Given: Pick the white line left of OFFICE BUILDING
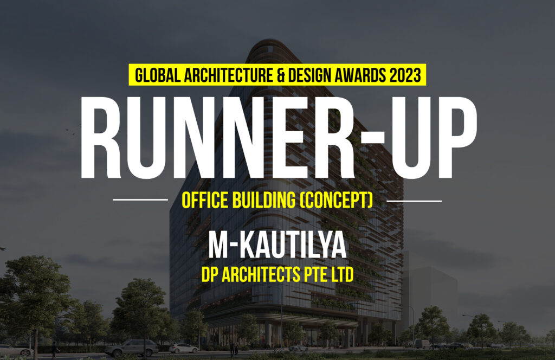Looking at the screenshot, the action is pos(140,200).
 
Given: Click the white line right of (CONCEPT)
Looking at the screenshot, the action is pos(414,201).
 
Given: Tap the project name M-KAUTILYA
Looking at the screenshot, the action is pos(277,245).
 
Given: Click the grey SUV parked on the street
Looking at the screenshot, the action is pos(132,348).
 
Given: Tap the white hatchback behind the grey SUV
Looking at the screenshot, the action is pos(184,348).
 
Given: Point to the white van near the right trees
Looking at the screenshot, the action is pos(422,344).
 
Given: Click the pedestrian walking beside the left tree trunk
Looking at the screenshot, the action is pos(54,350).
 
